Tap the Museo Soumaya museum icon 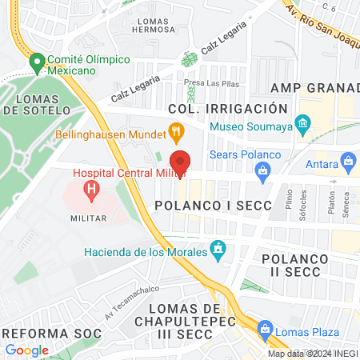tap(302, 124)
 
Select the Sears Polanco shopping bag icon tap(262, 170)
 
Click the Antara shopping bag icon tap(348, 162)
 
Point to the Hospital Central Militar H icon tap(93, 190)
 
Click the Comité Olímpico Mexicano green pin tap(36, 62)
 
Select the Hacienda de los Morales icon tap(217, 250)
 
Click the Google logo tap(26, 350)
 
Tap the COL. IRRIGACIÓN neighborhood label tap(227, 108)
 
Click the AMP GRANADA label tap(314, 87)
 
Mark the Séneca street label tap(346, 199)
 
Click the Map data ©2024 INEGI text tap(312, 354)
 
